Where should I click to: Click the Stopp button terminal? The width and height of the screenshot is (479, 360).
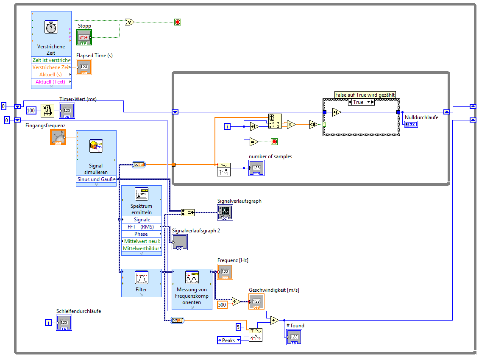(84, 37)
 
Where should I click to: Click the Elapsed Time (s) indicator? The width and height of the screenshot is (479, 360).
(84, 67)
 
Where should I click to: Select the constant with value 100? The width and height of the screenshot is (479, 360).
(31, 111)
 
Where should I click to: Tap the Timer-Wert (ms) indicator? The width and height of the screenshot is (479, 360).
(67, 111)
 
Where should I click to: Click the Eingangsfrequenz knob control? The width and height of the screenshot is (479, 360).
(58, 137)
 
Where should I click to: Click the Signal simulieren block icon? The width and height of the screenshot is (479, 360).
(96, 146)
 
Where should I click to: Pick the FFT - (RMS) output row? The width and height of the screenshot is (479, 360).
(141, 227)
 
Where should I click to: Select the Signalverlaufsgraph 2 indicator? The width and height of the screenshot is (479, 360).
(180, 242)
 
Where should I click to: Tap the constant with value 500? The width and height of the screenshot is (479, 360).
(222, 304)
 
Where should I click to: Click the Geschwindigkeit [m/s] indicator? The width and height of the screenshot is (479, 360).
(256, 301)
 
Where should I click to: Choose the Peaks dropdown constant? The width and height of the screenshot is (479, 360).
(228, 340)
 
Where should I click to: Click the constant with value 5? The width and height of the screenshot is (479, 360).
(238, 327)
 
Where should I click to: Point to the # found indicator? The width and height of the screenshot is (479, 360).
(294, 337)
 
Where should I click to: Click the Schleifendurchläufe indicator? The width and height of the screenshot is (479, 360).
(64, 323)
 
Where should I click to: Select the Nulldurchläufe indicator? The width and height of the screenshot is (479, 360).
(410, 124)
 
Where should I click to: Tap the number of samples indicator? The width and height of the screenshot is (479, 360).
(256, 168)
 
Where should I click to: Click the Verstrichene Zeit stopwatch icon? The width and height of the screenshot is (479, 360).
(51, 28)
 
